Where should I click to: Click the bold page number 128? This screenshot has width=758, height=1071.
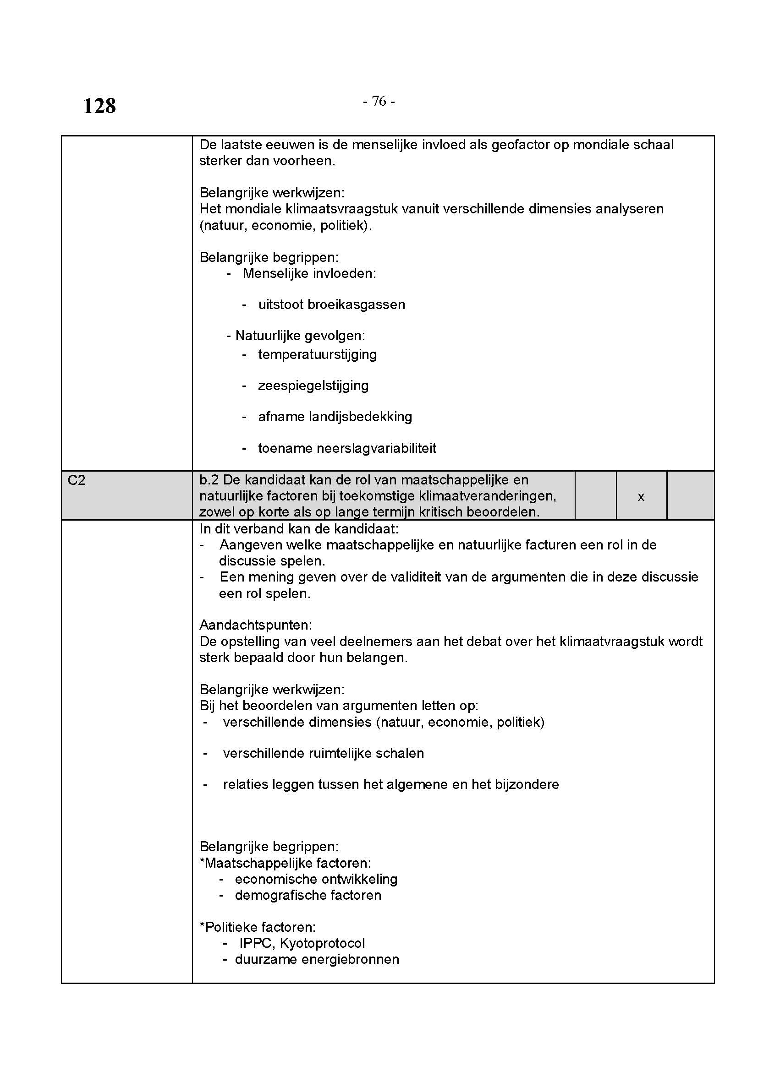coord(99,106)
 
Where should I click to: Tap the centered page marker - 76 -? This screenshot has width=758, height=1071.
coord(379,101)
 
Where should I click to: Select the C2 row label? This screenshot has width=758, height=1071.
coord(77,480)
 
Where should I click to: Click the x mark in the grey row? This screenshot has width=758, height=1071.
coord(641,497)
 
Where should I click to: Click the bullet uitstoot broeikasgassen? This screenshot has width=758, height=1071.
coord(331,304)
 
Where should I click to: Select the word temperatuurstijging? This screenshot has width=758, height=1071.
coord(318,354)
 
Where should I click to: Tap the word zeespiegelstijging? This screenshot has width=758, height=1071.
coord(313,386)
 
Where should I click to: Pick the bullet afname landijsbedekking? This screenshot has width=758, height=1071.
coord(335,417)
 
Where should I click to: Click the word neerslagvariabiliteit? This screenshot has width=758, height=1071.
coord(376,448)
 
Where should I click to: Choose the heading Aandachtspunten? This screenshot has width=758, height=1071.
coord(256,625)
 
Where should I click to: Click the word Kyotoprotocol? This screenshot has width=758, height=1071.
coord(322,943)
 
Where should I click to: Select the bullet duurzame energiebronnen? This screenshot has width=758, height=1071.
coord(317,960)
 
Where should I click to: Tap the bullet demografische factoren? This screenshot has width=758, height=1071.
coord(308,895)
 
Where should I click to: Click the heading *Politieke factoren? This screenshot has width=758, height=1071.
coord(258,927)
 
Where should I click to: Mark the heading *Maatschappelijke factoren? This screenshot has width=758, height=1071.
coord(285,863)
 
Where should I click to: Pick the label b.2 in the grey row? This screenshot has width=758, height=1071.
coord(209,480)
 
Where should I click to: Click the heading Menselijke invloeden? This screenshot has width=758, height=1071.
coord(309,273)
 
